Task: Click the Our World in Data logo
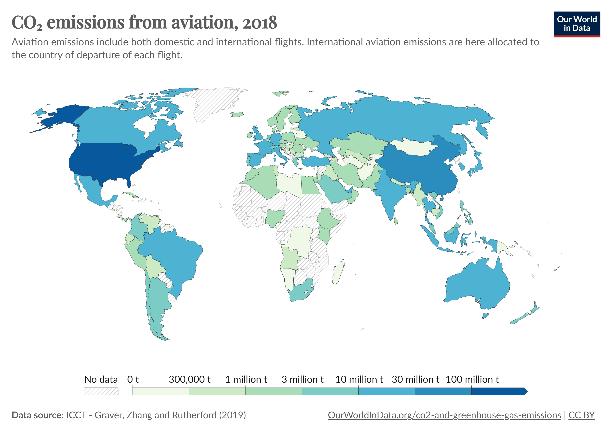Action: tap(577, 24)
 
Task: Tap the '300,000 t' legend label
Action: tap(190, 379)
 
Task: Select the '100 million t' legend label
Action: tap(472, 379)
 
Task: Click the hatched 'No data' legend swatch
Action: tap(101, 391)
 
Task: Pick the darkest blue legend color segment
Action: tap(498, 391)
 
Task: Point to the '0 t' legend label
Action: tap(133, 379)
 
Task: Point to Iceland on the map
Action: tap(237, 115)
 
